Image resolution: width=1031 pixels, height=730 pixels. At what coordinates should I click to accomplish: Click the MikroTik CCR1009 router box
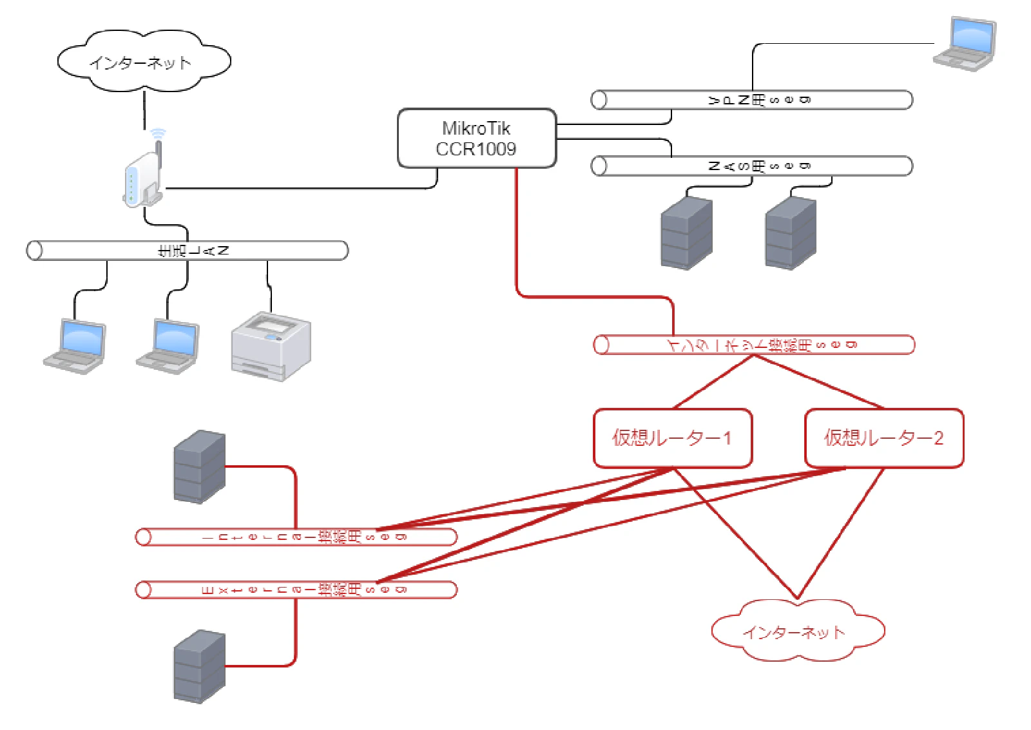(x=476, y=139)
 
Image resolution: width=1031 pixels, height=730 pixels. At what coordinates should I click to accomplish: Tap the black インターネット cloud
(x=143, y=62)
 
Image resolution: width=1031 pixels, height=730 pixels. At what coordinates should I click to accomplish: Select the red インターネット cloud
(x=796, y=631)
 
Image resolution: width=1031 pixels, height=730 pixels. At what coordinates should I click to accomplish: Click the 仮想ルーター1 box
(x=672, y=438)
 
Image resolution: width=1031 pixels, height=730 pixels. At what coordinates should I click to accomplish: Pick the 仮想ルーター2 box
(x=883, y=438)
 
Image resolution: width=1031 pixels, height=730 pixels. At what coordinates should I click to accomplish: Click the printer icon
(x=271, y=346)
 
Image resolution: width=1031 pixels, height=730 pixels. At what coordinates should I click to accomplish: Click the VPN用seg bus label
(x=759, y=100)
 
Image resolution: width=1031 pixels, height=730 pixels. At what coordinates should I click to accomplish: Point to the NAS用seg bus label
(x=759, y=166)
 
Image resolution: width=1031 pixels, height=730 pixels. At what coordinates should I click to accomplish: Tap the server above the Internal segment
(x=200, y=466)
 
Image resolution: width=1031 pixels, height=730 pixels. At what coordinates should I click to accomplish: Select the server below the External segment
(x=200, y=666)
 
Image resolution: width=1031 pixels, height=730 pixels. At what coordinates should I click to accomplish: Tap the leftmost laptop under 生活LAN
(x=75, y=346)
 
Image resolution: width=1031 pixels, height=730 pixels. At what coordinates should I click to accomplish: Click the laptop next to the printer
(x=168, y=346)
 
